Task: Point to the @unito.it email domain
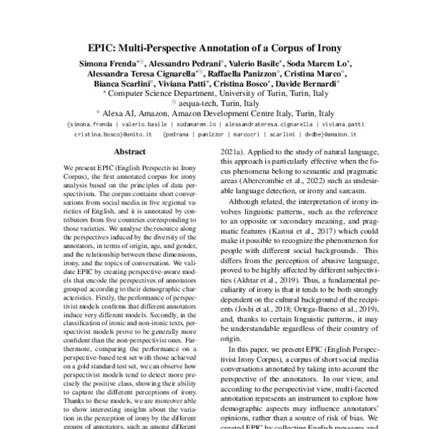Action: point(135,133)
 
